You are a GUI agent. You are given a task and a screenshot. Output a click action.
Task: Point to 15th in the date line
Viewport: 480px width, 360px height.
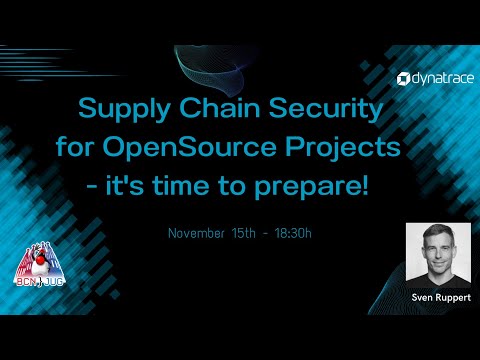click(x=251, y=233)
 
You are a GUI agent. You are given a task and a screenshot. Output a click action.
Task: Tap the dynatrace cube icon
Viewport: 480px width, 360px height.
click(x=402, y=77)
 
